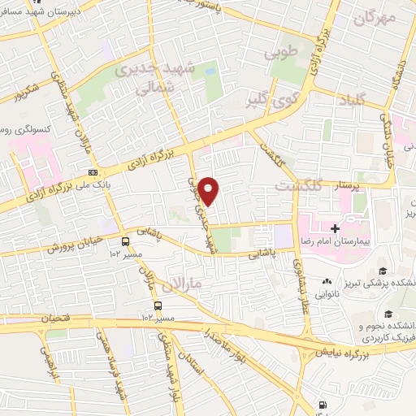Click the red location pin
[x=210, y=190]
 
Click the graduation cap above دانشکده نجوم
[x=388, y=314]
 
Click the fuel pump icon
[x=324, y=404]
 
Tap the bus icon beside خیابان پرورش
[x=125, y=241]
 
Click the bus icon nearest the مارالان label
[x=158, y=306]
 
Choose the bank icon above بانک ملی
[x=93, y=172]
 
